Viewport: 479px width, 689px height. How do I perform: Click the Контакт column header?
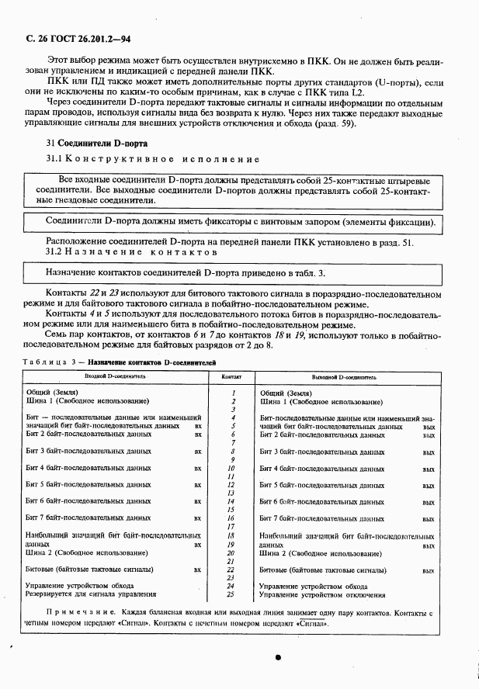(231, 376)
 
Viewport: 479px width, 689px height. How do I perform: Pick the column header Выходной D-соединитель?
(344, 376)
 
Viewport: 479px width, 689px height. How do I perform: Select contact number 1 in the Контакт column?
(232, 393)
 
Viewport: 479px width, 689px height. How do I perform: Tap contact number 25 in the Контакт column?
(231, 595)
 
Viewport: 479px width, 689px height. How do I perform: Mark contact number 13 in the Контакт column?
(231, 494)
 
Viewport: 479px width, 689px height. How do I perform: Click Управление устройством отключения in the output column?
(322, 595)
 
